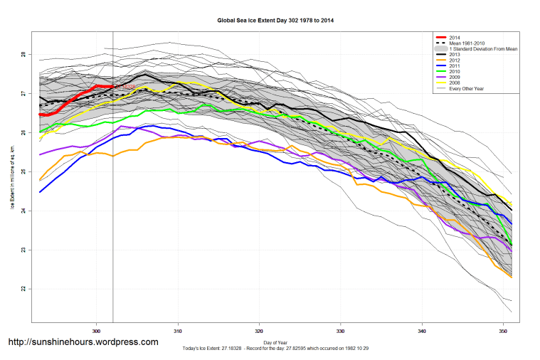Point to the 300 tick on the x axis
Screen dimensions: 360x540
96,330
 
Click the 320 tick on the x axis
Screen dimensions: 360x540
259,330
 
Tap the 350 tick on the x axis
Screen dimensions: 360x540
503,330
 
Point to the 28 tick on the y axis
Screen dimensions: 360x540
23,54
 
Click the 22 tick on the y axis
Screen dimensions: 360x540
23,289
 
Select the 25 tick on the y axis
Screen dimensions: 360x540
23,171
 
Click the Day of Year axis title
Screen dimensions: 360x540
275,343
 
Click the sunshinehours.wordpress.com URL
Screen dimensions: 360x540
83,342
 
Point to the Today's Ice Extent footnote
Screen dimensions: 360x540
275,349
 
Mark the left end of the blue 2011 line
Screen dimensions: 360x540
40,192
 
